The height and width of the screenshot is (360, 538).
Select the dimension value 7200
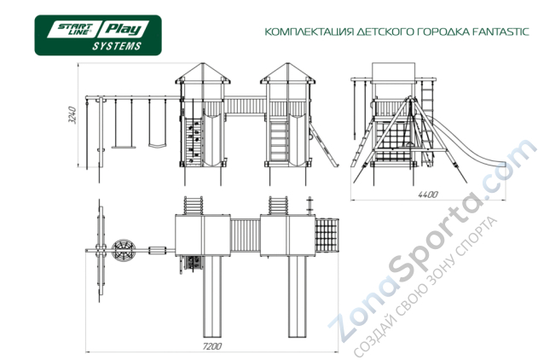coord(212,346)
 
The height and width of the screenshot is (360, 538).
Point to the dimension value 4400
coord(427,195)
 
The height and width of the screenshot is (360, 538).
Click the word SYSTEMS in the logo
coord(117,45)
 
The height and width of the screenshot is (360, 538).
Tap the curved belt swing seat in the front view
coord(155,144)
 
